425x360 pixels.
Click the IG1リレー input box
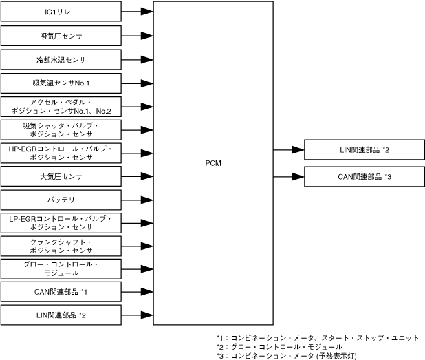(x=61, y=12)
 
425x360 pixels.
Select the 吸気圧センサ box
(x=61, y=35)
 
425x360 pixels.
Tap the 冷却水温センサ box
(x=61, y=60)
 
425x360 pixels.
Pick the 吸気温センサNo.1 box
(x=61, y=83)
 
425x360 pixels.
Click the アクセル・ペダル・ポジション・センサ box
(x=61, y=107)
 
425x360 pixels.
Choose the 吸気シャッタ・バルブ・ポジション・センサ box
(x=61, y=130)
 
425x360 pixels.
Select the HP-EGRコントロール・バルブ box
(x=61, y=153)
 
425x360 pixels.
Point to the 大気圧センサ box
(x=61, y=176)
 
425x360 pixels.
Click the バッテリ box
(x=61, y=200)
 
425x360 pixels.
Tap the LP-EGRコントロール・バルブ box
(x=61, y=222)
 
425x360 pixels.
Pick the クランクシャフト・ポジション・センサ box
(x=61, y=246)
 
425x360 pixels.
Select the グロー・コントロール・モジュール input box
(x=61, y=268)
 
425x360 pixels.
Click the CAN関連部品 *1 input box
(x=61, y=292)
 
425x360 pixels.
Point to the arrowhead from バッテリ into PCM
(x=146, y=200)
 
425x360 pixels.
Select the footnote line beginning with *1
(x=317, y=337)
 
